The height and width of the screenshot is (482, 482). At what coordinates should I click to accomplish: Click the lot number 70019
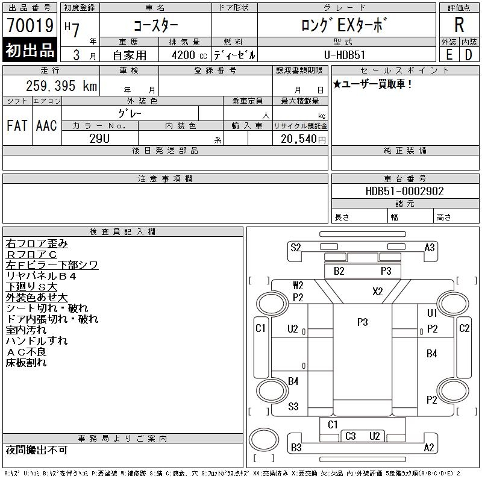[x=30, y=25]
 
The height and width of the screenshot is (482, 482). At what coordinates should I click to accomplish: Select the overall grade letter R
[x=459, y=25]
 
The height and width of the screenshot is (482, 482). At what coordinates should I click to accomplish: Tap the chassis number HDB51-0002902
[x=405, y=191]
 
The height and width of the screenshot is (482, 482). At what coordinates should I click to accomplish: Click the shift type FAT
[x=17, y=126]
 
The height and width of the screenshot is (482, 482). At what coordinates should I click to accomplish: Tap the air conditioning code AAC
[x=46, y=126]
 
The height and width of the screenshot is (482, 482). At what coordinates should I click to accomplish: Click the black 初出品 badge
[x=30, y=51]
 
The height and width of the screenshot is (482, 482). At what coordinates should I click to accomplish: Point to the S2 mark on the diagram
[x=295, y=247]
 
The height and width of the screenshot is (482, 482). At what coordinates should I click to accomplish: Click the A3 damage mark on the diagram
[x=430, y=247]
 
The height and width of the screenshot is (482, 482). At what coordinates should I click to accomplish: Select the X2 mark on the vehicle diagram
[x=377, y=292]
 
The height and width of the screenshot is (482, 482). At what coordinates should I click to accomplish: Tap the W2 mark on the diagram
[x=298, y=285]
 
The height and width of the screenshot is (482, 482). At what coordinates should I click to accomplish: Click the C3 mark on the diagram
[x=351, y=436]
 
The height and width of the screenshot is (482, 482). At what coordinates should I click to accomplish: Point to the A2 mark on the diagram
[x=429, y=447]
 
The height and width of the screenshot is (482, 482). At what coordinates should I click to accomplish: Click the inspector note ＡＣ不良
[x=26, y=352]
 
